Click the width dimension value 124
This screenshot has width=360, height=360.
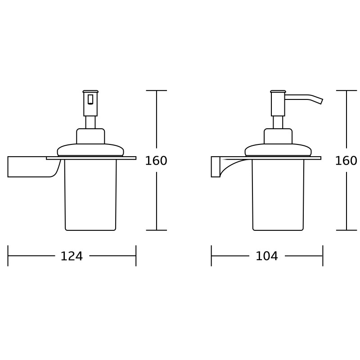[72, 256]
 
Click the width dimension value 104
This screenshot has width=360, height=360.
[267, 256]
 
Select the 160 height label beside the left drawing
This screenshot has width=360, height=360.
[156, 161]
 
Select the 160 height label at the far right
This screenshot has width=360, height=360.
[346, 161]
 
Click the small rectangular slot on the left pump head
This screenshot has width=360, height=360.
[90, 99]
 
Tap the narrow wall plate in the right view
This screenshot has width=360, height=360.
[216, 166]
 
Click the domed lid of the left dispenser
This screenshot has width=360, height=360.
[90, 150]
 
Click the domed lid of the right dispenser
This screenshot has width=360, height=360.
[278, 150]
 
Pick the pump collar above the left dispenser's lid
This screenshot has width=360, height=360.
[90, 136]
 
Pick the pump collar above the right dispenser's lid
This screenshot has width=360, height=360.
[278, 136]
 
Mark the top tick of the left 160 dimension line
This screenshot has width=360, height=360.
[157, 90]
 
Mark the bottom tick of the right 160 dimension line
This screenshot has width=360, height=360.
[346, 230]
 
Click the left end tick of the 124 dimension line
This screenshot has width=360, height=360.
[8, 256]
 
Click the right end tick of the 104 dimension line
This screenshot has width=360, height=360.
[323, 256]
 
